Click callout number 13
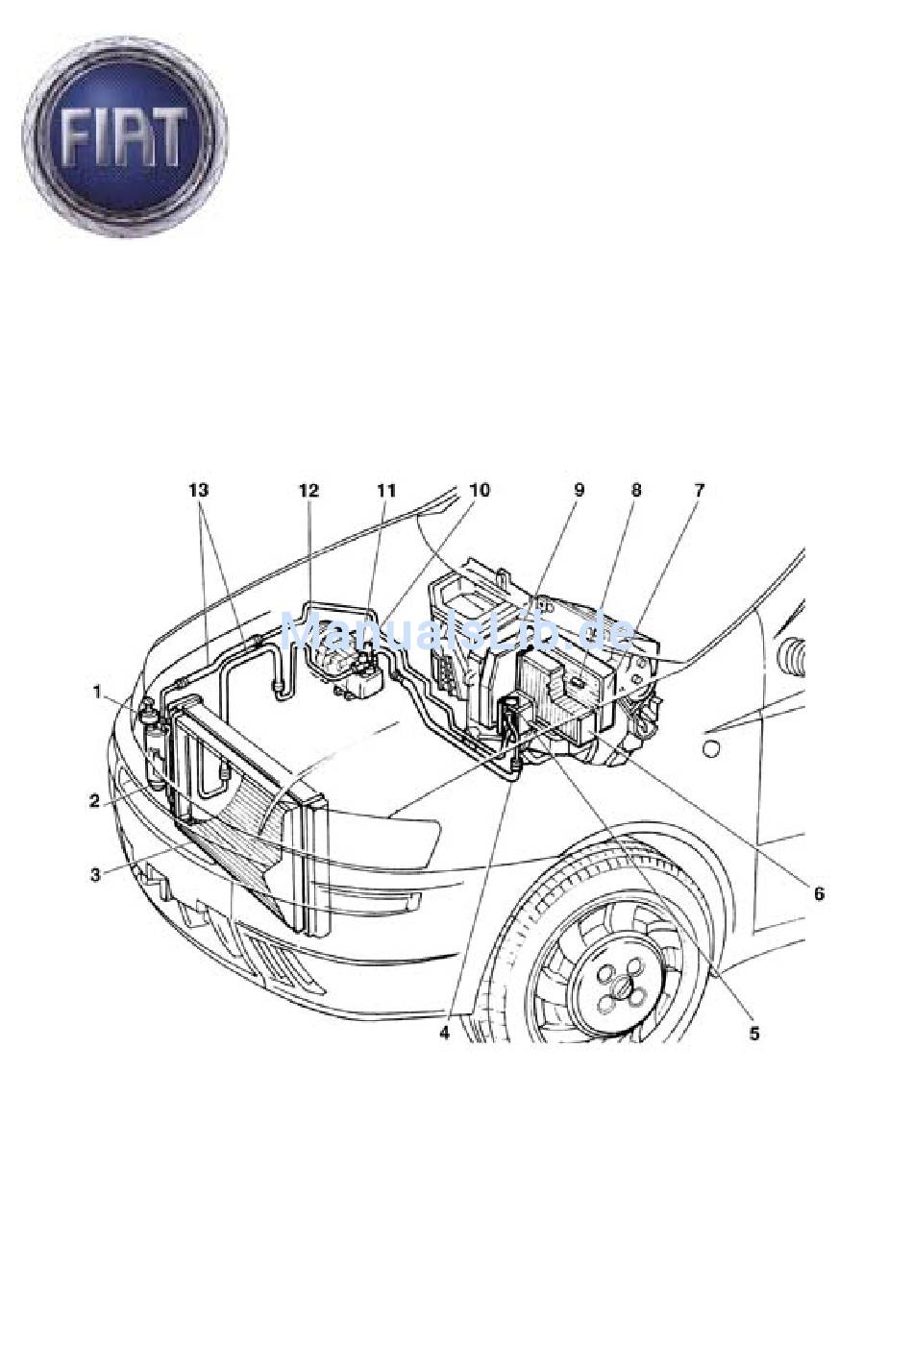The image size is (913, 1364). pyautogui.click(x=199, y=490)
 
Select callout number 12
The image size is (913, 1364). pyautogui.click(x=308, y=490)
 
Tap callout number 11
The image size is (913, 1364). pyautogui.click(x=385, y=490)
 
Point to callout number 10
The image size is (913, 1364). pyautogui.click(x=480, y=490)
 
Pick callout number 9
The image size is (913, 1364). pyautogui.click(x=579, y=490)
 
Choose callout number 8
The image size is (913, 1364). pyautogui.click(x=635, y=490)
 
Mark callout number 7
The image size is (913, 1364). pyautogui.click(x=699, y=490)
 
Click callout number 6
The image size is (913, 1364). pyautogui.click(x=819, y=894)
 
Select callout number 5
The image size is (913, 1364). pyautogui.click(x=754, y=1034)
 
